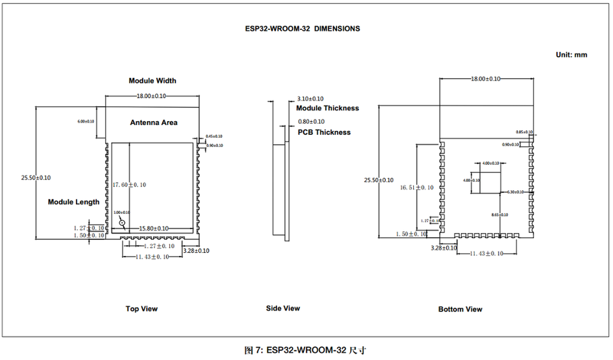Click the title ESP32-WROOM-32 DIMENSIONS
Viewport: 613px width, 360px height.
tap(303, 29)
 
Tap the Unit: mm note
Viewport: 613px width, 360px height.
tap(571, 55)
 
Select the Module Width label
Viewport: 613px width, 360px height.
tap(153, 81)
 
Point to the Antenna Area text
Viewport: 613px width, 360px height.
tap(154, 123)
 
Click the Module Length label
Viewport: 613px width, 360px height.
tap(74, 202)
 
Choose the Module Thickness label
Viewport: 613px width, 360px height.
tap(328, 109)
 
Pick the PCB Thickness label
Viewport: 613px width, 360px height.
tap(324, 133)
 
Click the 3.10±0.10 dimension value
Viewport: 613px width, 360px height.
tap(311, 99)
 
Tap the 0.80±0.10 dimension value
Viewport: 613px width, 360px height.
tap(311, 121)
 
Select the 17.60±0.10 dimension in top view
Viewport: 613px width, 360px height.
tap(129, 185)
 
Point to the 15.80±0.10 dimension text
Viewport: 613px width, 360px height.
tap(152, 229)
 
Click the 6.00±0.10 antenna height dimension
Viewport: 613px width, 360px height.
tap(86, 121)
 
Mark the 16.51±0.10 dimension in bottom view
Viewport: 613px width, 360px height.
tap(417, 188)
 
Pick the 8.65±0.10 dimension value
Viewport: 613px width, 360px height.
tap(500, 215)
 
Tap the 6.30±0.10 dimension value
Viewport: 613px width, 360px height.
tap(515, 191)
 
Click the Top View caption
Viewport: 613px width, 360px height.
tap(142, 309)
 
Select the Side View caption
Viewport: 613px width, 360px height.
tap(283, 308)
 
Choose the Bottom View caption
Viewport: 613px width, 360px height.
tap(460, 310)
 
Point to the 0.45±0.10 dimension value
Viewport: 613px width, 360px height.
tap(215, 137)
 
